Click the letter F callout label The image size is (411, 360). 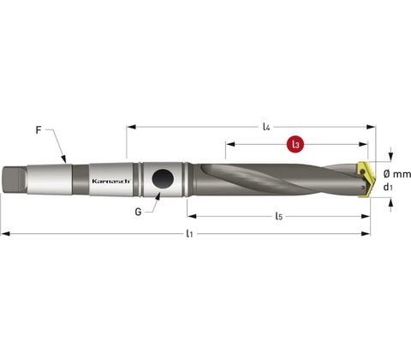[39, 130]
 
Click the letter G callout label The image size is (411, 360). [138, 212]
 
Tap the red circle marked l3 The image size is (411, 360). [295, 145]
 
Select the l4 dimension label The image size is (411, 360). [266, 127]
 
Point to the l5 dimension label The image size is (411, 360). [278, 216]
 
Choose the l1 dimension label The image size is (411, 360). [189, 234]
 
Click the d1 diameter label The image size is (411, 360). [388, 187]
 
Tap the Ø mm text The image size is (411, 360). [397, 174]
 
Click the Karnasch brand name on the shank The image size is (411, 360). [111, 181]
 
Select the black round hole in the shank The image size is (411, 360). [163, 179]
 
